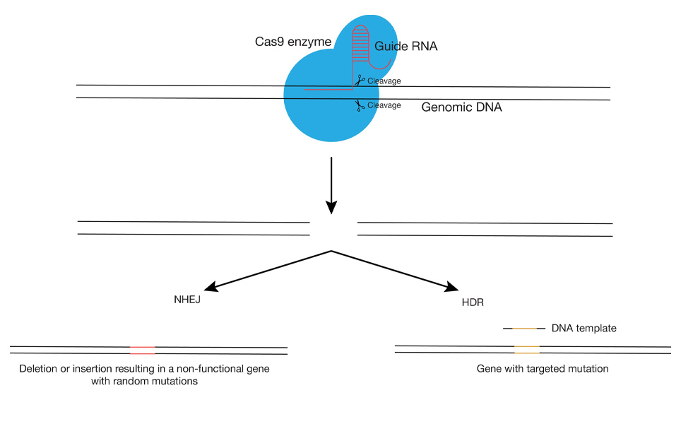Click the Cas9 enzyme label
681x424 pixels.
(293, 42)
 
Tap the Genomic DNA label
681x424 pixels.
(461, 107)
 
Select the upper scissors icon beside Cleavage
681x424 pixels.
(360, 81)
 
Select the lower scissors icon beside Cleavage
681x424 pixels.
(360, 106)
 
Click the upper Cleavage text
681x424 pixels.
(384, 81)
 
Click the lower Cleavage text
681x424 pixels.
(384, 105)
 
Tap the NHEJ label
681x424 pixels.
(188, 299)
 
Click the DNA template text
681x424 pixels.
(584, 329)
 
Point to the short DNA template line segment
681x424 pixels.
(524, 329)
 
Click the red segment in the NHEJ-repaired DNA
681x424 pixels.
(143, 350)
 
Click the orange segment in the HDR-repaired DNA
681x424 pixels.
(526, 349)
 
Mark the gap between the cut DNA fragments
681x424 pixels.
(333, 229)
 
